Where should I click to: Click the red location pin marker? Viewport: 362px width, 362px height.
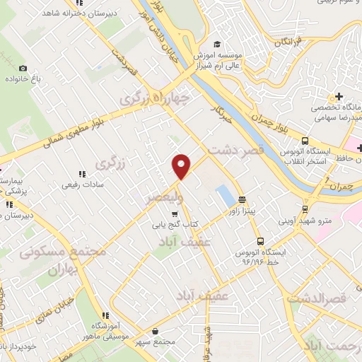click(x=182, y=165)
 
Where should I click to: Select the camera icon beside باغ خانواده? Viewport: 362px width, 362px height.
click(x=23, y=69)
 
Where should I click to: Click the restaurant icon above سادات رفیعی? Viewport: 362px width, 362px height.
click(x=82, y=173)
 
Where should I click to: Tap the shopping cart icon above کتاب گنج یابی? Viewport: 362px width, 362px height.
click(x=175, y=214)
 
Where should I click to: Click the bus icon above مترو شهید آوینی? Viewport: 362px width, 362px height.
click(x=305, y=209)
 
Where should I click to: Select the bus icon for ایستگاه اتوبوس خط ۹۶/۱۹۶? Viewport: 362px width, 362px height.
click(x=261, y=241)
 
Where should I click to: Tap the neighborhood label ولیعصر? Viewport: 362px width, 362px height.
click(x=163, y=197)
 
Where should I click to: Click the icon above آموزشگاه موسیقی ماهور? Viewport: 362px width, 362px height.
click(x=105, y=315)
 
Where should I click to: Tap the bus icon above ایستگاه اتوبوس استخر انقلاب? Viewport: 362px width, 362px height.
click(x=304, y=140)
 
